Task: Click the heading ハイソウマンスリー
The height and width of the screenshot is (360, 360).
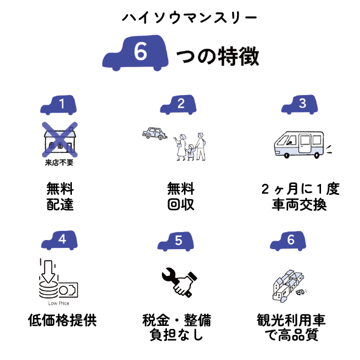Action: [x=189, y=18]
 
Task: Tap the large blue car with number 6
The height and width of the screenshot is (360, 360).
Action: [x=135, y=53]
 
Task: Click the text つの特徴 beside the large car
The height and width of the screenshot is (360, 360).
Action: [x=218, y=57]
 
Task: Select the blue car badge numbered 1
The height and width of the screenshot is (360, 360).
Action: [x=58, y=105]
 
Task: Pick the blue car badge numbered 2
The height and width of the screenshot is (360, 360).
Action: [x=178, y=105]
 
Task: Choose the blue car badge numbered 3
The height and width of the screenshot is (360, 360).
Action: [x=300, y=104]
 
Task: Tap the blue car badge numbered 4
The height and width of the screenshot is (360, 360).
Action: [x=60, y=240]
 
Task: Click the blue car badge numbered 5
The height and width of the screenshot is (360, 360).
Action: [x=175, y=241]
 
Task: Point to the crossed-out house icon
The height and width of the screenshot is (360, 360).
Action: [x=60, y=139]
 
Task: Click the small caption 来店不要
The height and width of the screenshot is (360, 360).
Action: [x=59, y=163]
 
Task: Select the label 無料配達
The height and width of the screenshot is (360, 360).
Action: [x=60, y=196]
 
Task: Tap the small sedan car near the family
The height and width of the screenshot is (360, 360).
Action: [x=155, y=133]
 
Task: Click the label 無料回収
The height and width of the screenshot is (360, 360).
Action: [x=181, y=196]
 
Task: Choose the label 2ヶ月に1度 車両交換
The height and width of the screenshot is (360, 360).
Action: [x=300, y=197]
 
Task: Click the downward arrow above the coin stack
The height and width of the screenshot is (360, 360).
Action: [x=48, y=272]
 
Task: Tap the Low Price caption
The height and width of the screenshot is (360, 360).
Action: [x=58, y=303]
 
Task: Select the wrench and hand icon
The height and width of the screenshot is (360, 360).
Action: [x=180, y=283]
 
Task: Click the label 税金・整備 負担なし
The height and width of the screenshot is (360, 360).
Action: [x=177, y=327]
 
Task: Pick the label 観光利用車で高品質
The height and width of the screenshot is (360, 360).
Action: [x=291, y=327]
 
